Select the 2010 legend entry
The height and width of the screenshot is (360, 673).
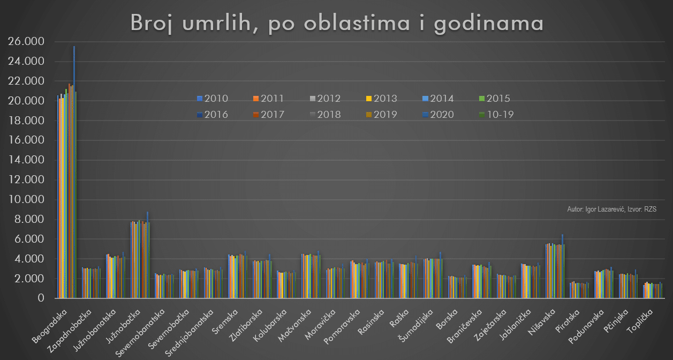point(213,99)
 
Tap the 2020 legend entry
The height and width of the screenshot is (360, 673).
point(438,115)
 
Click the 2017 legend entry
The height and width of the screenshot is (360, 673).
point(269,115)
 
